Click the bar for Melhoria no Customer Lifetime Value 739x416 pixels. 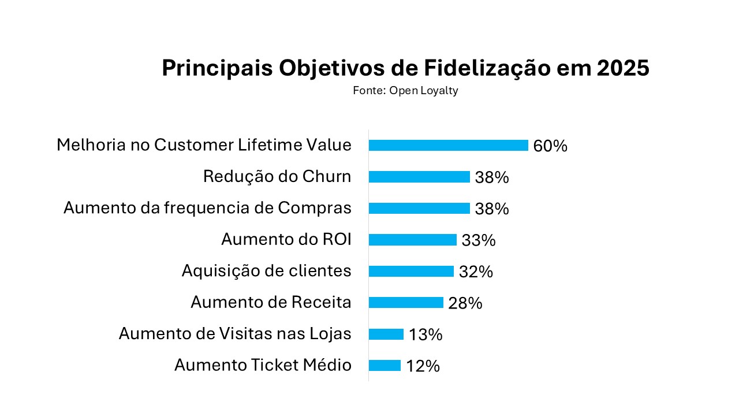(x=448, y=146)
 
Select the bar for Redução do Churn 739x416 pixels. (x=419, y=177)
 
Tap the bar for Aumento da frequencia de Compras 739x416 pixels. (x=419, y=208)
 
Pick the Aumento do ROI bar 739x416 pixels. (x=412, y=240)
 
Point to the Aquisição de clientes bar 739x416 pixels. (x=411, y=271)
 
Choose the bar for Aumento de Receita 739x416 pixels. (x=406, y=302)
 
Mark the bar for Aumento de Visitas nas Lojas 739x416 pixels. (x=386, y=334)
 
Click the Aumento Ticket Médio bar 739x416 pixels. (x=385, y=365)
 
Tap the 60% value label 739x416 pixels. (x=550, y=146)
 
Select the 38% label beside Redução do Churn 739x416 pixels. (x=492, y=177)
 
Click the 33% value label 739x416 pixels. (x=479, y=240)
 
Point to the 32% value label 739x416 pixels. (x=476, y=272)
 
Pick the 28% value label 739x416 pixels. (x=465, y=303)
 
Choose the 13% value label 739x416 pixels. (x=426, y=335)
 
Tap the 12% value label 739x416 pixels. (x=423, y=366)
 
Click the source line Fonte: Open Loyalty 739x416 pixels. (x=405, y=91)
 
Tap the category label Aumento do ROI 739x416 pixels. (x=286, y=239)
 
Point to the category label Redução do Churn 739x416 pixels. (x=277, y=176)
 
